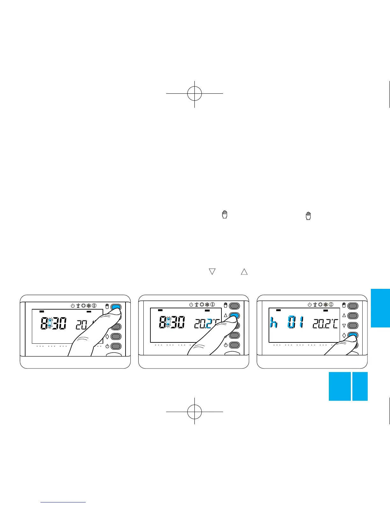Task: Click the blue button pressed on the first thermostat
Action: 116,307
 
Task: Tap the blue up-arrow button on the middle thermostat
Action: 234,316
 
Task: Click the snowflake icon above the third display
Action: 326,305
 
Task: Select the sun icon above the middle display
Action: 202,305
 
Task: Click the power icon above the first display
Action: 72,305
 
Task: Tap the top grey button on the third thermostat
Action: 353,306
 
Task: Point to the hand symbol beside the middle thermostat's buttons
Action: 226,305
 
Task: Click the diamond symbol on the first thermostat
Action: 107,336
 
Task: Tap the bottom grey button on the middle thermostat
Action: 234,345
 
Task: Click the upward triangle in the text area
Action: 244,272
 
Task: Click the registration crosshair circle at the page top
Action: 194,93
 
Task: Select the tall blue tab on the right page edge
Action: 380,308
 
